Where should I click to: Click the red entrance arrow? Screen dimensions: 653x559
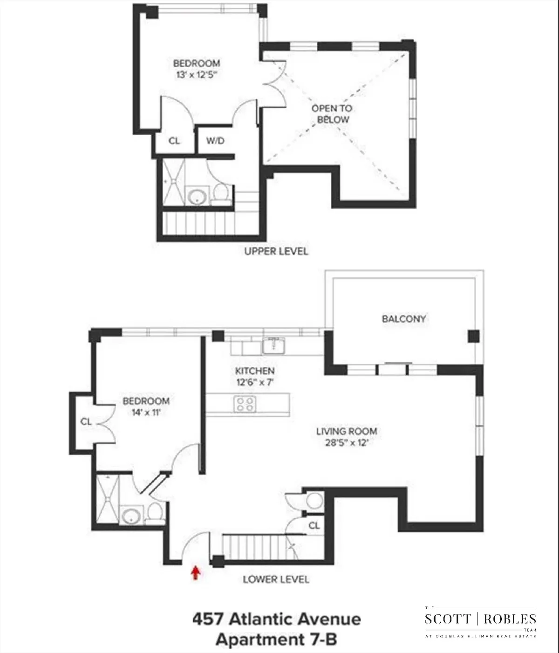[196, 572]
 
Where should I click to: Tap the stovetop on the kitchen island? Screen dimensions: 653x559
[245, 404]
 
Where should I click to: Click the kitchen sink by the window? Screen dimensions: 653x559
[273, 346]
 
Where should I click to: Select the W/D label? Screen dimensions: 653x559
[215, 140]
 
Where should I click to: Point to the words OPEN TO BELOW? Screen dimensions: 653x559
[332, 114]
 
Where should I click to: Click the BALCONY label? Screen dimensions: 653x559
[404, 319]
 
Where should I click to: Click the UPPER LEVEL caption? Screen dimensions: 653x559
[276, 251]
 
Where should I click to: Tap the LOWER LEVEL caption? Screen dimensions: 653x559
[276, 579]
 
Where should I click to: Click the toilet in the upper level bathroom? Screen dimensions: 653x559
[220, 194]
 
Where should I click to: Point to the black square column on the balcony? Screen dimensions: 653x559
[473, 336]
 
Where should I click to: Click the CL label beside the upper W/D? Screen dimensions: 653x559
[174, 140]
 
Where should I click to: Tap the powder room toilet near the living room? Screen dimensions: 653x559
[315, 501]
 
